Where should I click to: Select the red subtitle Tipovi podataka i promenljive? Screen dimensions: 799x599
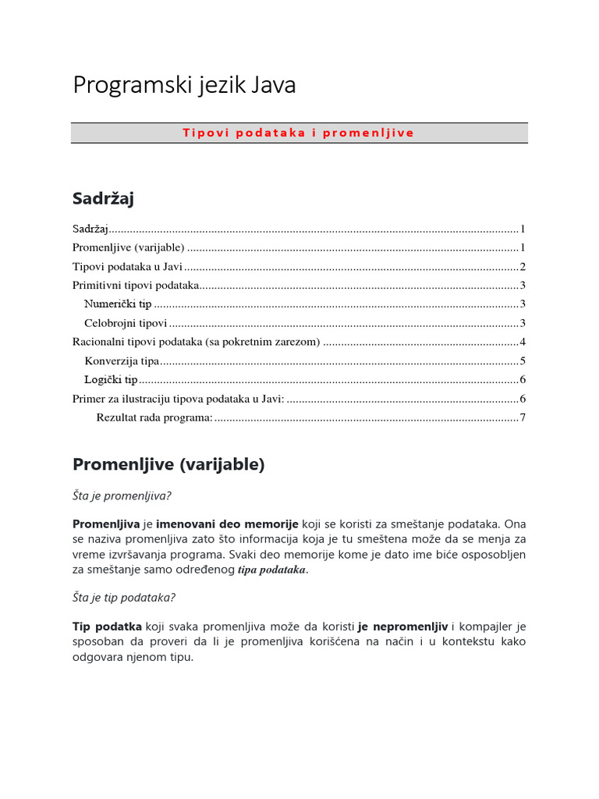[299, 133]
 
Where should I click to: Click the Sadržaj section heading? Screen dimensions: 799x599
[103, 199]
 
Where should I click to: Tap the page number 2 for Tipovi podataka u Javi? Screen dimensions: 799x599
[523, 267]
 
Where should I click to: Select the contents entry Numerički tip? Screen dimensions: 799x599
[118, 304]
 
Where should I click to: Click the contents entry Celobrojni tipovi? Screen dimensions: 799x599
[126, 323]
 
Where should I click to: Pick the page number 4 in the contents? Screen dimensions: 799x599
[523, 342]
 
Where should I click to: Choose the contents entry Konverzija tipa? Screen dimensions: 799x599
[122, 360]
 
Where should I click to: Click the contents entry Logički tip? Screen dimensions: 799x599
[111, 380]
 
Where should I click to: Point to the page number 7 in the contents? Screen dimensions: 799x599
[523, 417]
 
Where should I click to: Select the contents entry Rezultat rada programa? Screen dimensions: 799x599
[154, 417]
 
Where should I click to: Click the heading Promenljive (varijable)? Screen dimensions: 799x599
[168, 465]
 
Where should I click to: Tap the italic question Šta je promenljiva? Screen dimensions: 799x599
[122, 495]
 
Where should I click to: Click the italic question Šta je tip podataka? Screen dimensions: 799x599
[124, 598]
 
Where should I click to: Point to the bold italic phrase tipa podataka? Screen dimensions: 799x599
[271, 570]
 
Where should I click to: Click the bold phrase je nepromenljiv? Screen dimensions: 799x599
[402, 627]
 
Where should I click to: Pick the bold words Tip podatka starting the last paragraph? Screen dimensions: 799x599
[107, 627]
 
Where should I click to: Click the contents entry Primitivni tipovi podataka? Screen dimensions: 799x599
[136, 286]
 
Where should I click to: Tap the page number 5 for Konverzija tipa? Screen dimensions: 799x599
[523, 360]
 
